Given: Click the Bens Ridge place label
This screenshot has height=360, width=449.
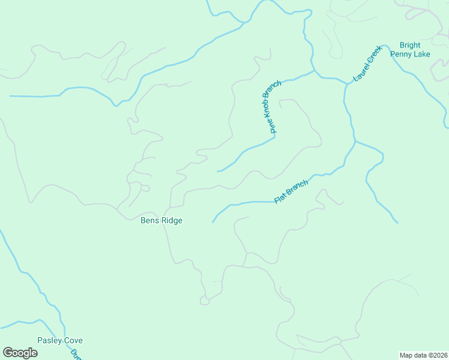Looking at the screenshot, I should (x=161, y=220).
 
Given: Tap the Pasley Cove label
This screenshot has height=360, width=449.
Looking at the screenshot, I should (x=60, y=340).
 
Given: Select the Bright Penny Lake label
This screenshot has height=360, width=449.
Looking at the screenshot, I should (x=410, y=49).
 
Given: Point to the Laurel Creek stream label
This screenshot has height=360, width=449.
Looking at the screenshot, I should (x=367, y=64).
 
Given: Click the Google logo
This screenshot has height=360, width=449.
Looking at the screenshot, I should (x=20, y=353).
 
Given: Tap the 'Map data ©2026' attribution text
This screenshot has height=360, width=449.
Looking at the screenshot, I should (x=423, y=355).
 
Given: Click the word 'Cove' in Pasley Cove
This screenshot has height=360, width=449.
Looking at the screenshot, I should (x=73, y=340).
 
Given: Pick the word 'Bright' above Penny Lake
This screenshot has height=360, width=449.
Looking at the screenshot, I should (x=410, y=45).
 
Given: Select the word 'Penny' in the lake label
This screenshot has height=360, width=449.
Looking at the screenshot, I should (x=402, y=54).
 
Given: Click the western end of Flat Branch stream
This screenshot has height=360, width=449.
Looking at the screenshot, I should (x=213, y=222).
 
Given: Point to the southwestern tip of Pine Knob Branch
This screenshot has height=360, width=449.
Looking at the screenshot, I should (x=217, y=172).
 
